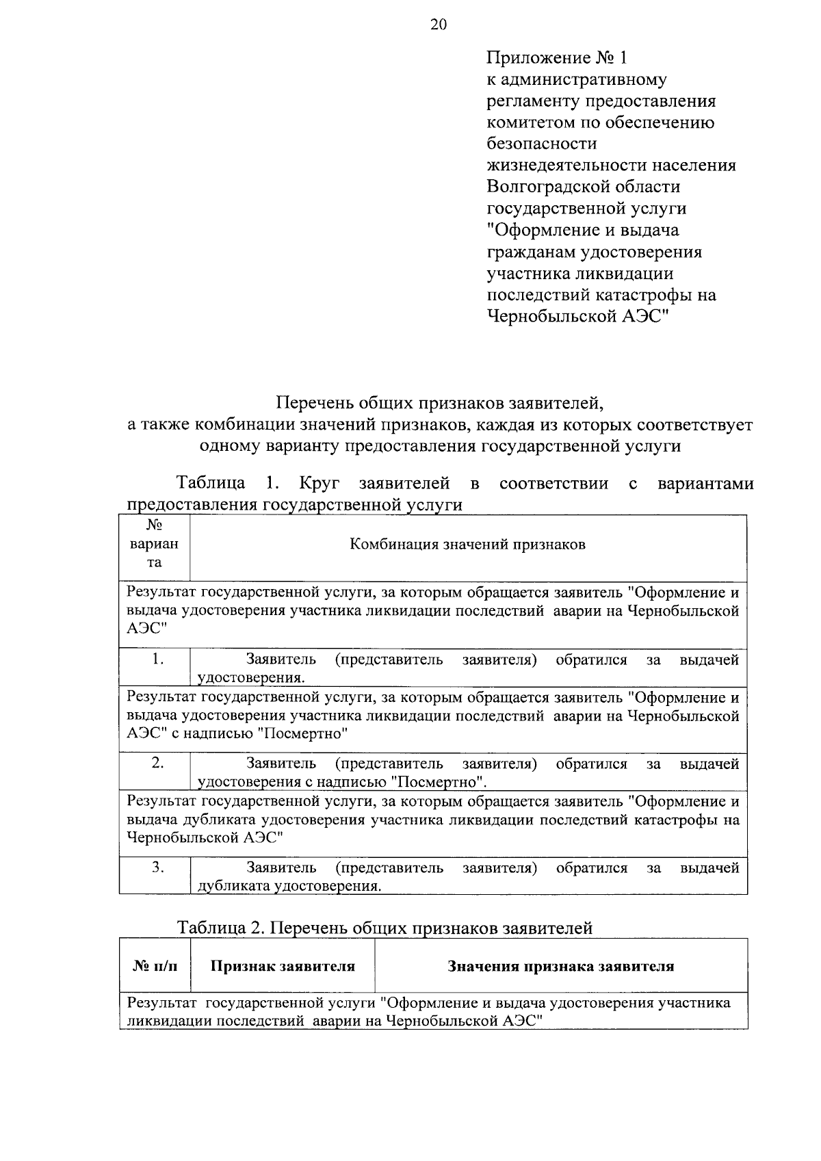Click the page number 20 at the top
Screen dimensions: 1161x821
(x=438, y=25)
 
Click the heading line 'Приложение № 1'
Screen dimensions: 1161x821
(x=556, y=57)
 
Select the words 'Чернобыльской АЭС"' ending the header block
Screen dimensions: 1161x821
(x=577, y=316)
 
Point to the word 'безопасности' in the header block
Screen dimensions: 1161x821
(x=541, y=144)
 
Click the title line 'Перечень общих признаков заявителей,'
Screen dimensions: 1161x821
(x=440, y=403)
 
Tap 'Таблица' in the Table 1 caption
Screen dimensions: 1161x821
(x=211, y=484)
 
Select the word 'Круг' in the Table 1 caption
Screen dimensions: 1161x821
(x=319, y=484)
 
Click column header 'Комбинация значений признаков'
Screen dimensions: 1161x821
(x=468, y=545)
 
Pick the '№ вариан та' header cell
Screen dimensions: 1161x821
(x=154, y=545)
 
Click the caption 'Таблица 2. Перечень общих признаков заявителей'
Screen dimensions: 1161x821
(x=385, y=928)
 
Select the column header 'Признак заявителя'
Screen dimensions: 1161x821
(x=283, y=967)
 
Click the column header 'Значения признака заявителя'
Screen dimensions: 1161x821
(x=560, y=967)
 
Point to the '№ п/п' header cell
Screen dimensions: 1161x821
(x=155, y=967)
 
